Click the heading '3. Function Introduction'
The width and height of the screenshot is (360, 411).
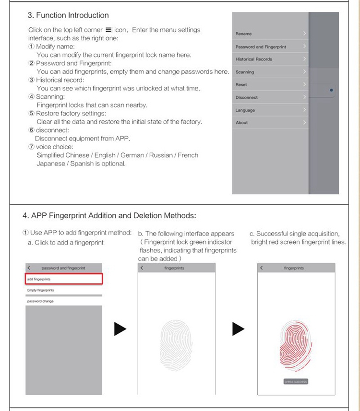coord(68,15)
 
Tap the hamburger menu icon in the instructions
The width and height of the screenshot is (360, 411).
coord(109,30)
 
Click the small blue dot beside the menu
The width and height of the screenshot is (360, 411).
coord(332,90)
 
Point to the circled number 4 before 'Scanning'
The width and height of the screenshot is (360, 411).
coord(32,97)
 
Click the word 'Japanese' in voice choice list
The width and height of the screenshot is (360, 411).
coord(50,164)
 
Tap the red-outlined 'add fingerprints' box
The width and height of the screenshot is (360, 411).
coord(63,279)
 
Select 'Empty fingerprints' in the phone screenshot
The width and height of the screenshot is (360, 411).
coord(41,290)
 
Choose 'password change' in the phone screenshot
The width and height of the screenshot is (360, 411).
coord(41,301)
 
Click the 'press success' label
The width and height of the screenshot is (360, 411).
coord(296,382)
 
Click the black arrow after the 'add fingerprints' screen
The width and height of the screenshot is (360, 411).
coord(120,329)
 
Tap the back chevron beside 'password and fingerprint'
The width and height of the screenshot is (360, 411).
coord(29,268)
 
